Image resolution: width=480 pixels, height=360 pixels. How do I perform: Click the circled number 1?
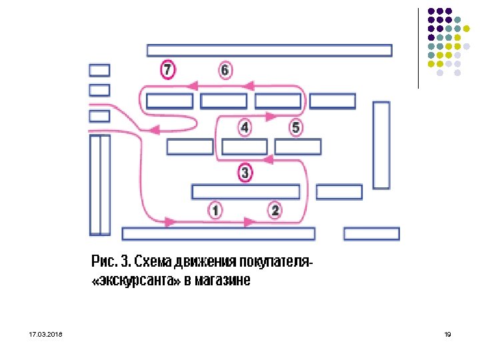tap(215, 211)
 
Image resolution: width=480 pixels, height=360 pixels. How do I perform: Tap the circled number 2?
tap(275, 211)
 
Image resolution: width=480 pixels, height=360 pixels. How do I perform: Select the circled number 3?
tap(245, 173)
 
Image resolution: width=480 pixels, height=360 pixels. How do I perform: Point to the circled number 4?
tap(245, 127)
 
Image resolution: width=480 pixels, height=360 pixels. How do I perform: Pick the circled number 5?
tap(296, 127)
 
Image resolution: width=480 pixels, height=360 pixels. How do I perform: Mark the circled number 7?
tap(167, 69)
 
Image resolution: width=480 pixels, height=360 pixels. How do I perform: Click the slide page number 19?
tap(447, 333)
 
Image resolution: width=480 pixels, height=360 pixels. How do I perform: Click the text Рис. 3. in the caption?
tap(111, 261)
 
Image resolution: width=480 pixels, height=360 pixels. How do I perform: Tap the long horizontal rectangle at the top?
tap(269, 50)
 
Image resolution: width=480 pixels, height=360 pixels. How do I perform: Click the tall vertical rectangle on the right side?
tap(381, 145)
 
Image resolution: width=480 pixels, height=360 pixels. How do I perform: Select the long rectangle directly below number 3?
tap(245, 191)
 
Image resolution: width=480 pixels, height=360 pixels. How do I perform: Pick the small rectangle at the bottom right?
tap(371, 233)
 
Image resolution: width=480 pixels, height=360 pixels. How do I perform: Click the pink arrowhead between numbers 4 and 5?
tap(270, 116)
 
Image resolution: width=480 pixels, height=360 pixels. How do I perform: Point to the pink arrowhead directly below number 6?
tap(250, 85)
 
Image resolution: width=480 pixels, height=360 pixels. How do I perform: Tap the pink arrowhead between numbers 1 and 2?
tap(250, 221)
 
